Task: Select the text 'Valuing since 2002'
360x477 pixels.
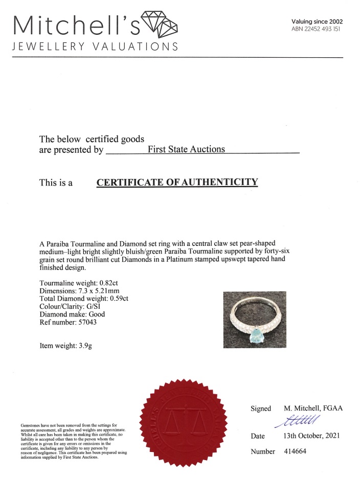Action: (317, 21)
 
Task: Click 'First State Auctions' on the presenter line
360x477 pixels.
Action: (186, 149)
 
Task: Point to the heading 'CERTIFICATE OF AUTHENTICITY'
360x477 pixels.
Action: (177, 182)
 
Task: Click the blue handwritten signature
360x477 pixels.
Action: (297, 420)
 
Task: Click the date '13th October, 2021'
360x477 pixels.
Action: (310, 436)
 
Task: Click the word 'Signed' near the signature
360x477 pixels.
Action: (261, 409)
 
